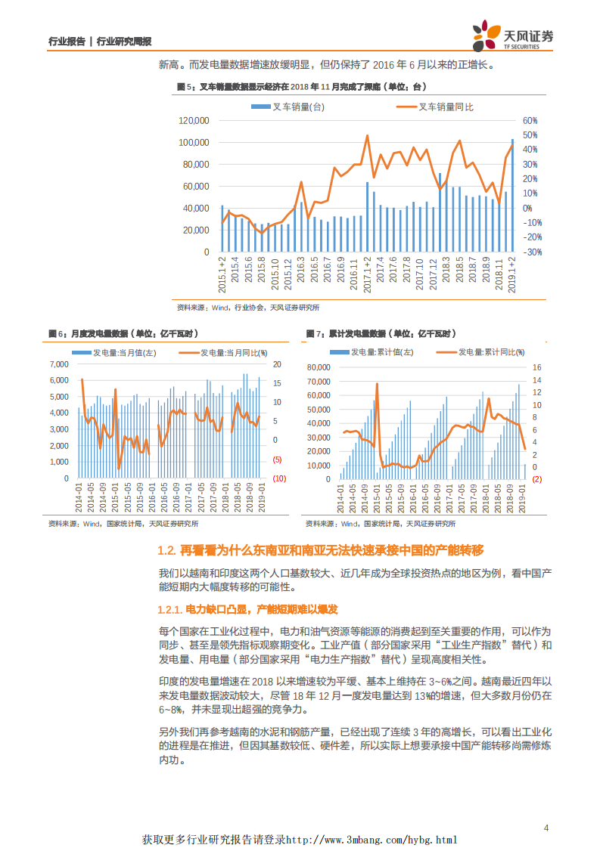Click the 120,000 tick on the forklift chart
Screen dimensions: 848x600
[194, 121]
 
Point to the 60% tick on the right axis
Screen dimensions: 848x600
[529, 121]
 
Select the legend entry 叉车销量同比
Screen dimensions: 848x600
[446, 107]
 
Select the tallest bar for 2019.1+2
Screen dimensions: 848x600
[512, 195]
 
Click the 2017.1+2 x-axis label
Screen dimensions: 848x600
[367, 274]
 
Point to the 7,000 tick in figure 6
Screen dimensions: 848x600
[58, 364]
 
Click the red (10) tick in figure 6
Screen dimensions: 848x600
[278, 478]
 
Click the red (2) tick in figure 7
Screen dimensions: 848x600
[536, 479]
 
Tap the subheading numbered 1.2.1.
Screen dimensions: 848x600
[247, 609]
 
